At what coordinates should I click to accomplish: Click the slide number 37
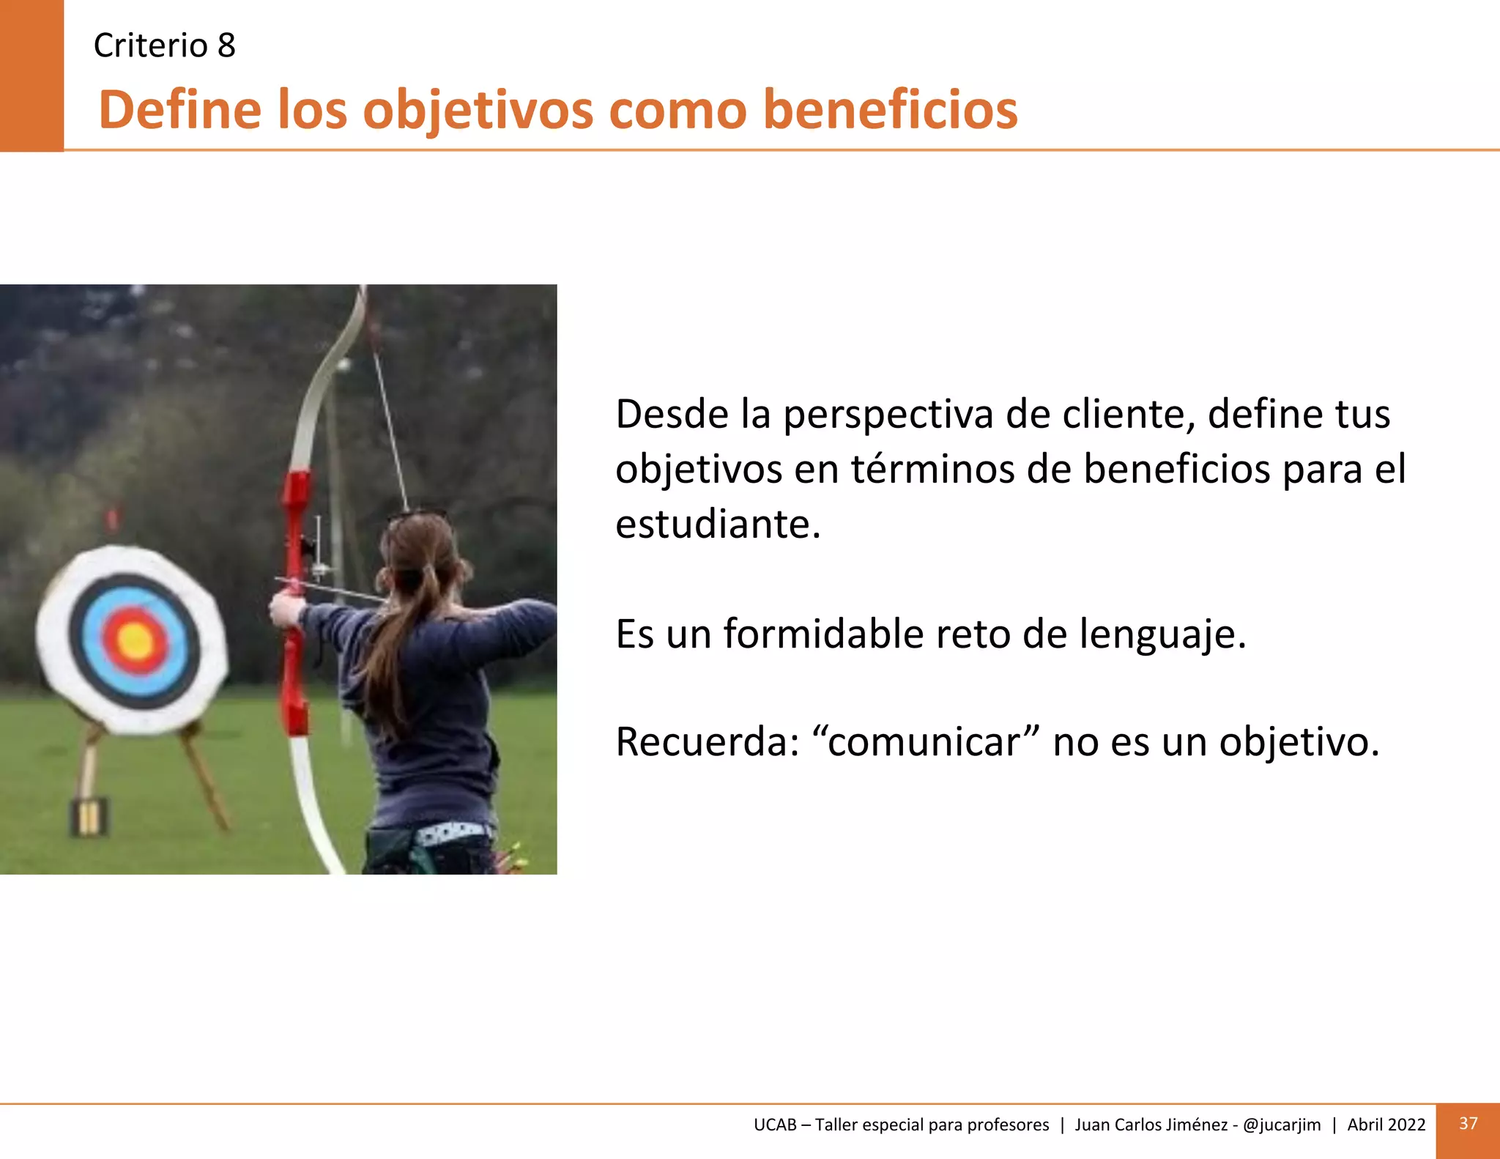(1468, 1123)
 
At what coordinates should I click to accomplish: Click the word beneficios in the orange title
(890, 110)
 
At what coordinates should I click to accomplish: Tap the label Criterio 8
(165, 45)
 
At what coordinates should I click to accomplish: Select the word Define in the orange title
(180, 110)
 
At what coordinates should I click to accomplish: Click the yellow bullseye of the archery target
(135, 642)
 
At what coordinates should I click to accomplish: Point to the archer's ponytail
(388, 645)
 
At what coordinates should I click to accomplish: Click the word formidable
(823, 634)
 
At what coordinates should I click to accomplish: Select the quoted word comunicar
(924, 741)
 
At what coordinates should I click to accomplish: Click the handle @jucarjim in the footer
(1282, 1125)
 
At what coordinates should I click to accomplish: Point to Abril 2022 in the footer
(1386, 1125)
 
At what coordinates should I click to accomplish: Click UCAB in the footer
(775, 1125)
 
